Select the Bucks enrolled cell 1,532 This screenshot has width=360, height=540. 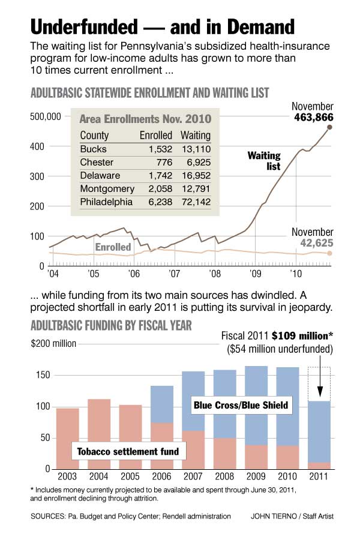pos(158,149)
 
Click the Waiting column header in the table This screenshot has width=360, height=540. pos(196,135)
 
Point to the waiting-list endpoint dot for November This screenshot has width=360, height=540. pos(329,127)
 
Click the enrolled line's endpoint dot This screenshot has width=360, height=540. pos(329,253)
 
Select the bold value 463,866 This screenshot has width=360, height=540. pos(313,118)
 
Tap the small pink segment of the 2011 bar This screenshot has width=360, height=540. pos(318,465)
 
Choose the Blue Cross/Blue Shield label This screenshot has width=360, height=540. pos(241,406)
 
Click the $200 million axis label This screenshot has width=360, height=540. pos(53,344)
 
